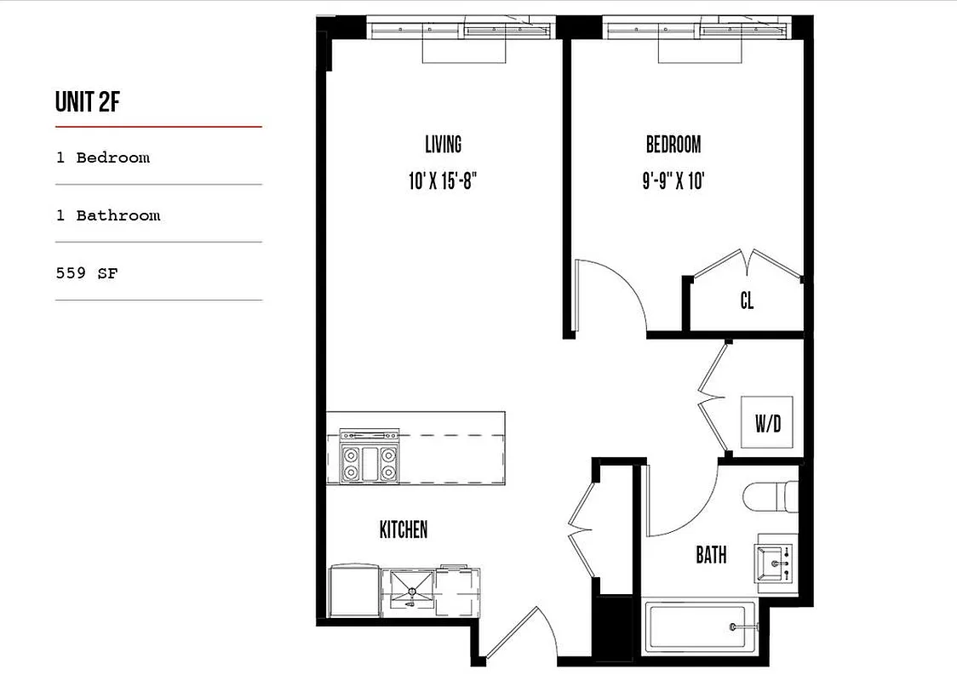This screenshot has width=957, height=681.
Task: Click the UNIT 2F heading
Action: pos(88,101)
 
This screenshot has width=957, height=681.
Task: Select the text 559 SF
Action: pos(86,273)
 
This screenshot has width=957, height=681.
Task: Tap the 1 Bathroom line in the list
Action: pos(108,215)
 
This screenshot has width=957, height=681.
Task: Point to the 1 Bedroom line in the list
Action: pos(103,157)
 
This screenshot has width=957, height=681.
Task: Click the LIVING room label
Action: pos(443,144)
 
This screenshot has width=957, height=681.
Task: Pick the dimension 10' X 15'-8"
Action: pos(443,181)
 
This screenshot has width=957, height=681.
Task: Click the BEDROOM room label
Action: pos(673,144)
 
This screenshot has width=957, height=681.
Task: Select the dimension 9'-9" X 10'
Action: pos(673,181)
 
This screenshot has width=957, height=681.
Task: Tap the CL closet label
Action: pos(747,301)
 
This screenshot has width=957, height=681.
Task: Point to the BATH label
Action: pos(711,556)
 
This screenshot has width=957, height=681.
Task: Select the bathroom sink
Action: pos(775,563)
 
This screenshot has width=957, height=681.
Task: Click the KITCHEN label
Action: pos(404,529)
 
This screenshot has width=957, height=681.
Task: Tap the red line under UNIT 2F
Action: pos(158,127)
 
